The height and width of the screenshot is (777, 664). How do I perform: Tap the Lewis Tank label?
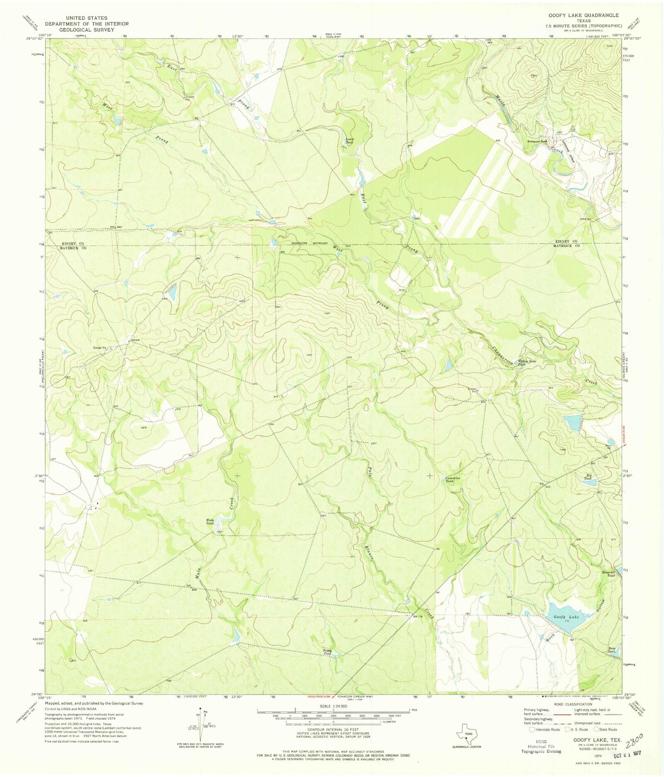click(x=350, y=141)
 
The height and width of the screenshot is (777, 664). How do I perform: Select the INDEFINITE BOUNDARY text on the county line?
click(x=310, y=243)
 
